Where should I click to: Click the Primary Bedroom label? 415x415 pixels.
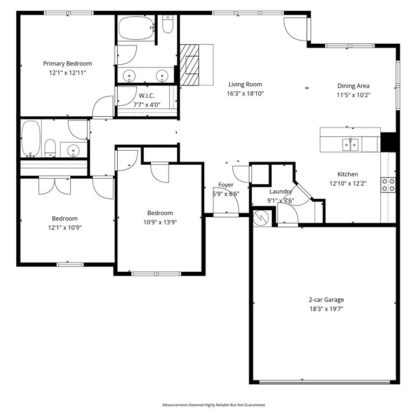pyautogui.click(x=68, y=63)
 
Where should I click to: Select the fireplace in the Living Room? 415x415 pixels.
pyautogui.click(x=190, y=64)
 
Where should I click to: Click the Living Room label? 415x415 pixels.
pyautogui.click(x=245, y=84)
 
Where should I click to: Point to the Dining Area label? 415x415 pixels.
pyautogui.click(x=353, y=86)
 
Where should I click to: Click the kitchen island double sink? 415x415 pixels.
pyautogui.click(x=350, y=144)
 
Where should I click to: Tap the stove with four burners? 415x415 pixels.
pyautogui.click(x=389, y=185)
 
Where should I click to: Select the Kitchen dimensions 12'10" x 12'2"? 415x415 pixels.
pyautogui.click(x=347, y=183)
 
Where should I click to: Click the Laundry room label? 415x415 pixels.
pyautogui.click(x=280, y=191)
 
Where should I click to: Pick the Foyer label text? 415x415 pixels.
pyautogui.click(x=226, y=185)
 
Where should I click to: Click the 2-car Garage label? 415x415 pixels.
pyautogui.click(x=326, y=300)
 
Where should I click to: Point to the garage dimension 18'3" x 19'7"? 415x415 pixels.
pyautogui.click(x=326, y=309)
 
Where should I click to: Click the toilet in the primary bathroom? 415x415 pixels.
pyautogui.click(x=168, y=25)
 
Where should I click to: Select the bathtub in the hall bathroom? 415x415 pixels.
pyautogui.click(x=31, y=138)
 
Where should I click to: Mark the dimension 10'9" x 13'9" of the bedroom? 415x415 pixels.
pyautogui.click(x=160, y=222)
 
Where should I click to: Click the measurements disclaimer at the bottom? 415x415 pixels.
pyautogui.click(x=214, y=405)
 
